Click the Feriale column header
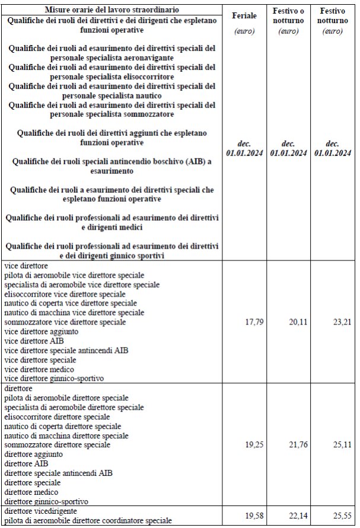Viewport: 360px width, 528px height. pos(244,16)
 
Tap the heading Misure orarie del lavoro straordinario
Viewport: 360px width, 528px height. pos(113,10)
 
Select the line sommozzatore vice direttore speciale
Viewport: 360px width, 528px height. pos(65,322)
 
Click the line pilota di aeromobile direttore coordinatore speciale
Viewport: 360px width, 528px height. pos(87,520)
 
